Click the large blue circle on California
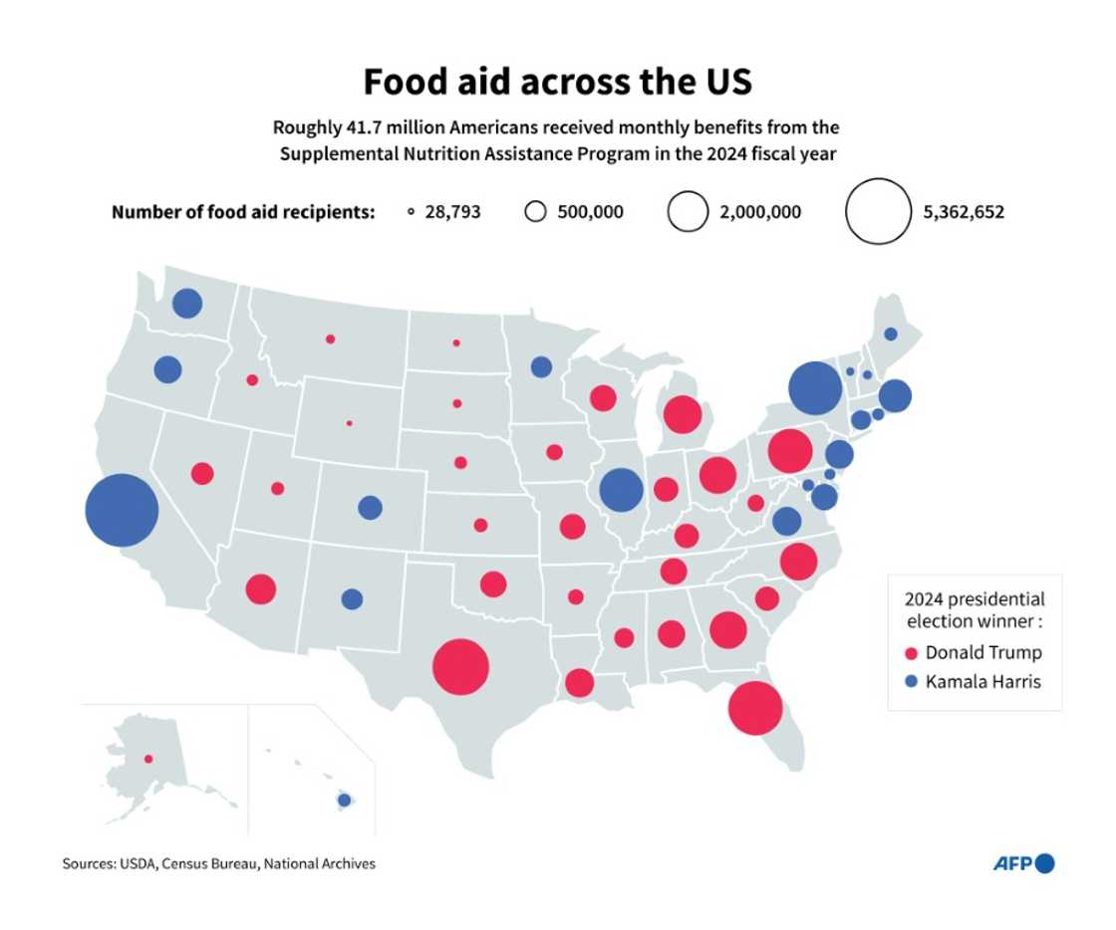122,511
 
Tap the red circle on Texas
460,666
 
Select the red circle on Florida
754,707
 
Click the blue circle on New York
814,388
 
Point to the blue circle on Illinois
622,490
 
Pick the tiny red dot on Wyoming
349,423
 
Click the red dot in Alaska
148,759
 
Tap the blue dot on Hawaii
344,800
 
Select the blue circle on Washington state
186,303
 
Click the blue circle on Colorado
370,508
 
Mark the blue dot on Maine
890,334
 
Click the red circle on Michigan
683,414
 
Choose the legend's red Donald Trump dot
910,654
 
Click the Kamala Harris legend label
982,682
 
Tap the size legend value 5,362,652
964,212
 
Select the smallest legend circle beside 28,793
411,212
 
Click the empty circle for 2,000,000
687,212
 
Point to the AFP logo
1022,863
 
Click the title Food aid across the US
557,82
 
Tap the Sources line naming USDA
218,863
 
